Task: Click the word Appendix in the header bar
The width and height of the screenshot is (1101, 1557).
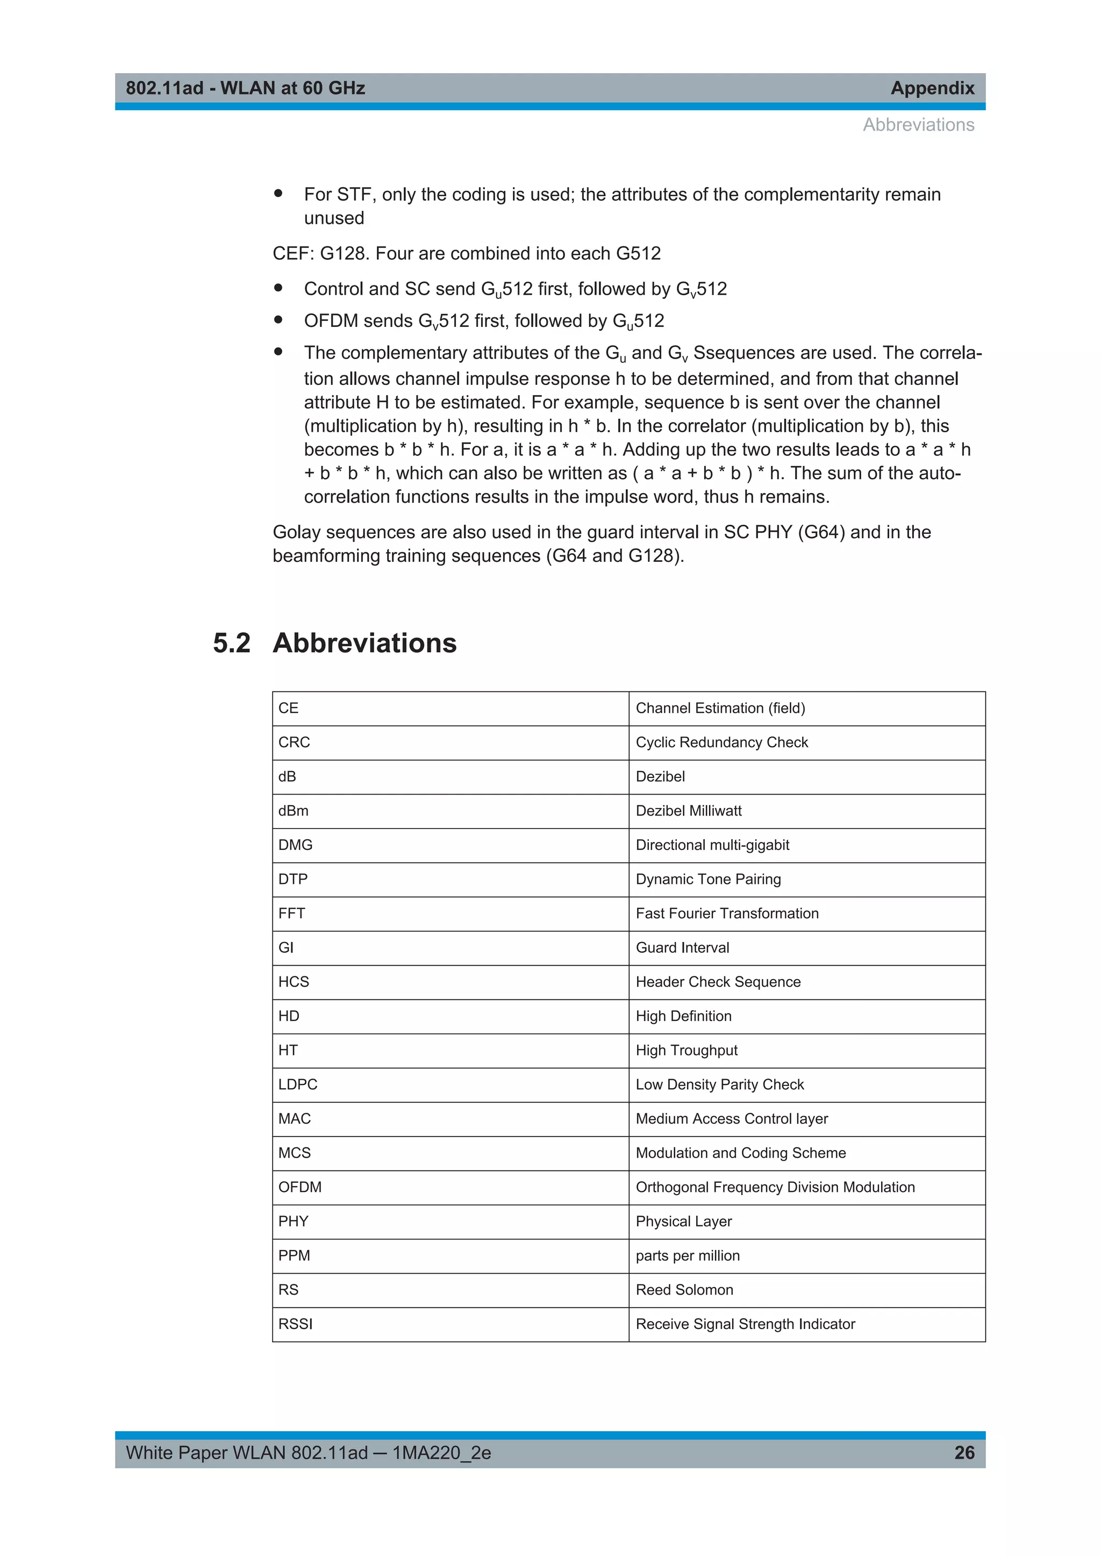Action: coord(932,88)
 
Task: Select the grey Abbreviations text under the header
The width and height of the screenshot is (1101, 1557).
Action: coord(918,125)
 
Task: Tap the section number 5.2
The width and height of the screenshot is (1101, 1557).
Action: coord(231,643)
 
